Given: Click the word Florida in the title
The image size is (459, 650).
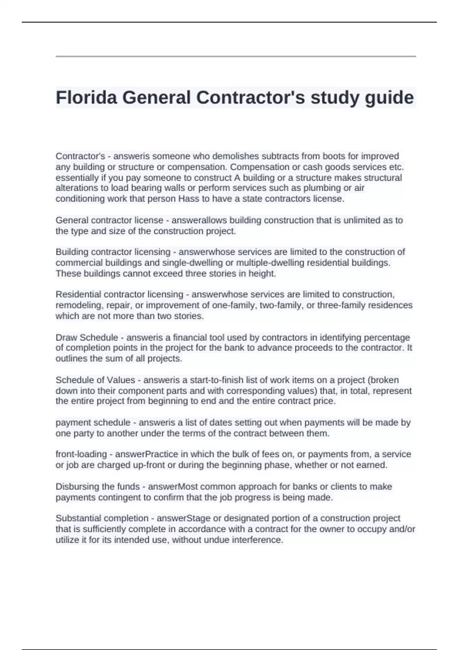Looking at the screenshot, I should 87,97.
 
